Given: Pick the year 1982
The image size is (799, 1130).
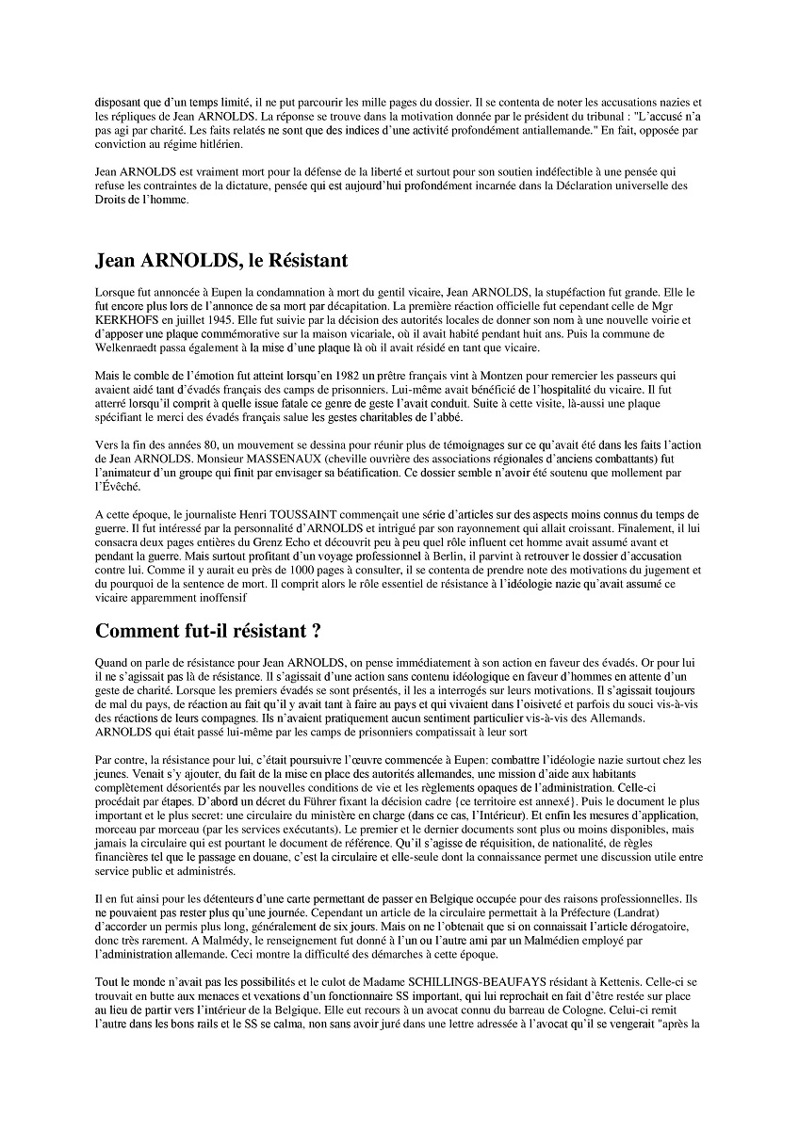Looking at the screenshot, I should (320, 375).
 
